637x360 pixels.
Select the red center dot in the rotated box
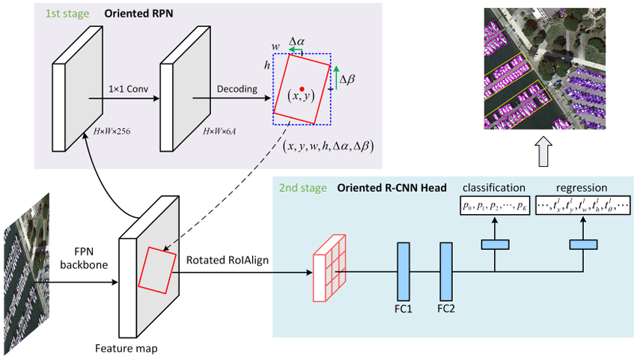302,88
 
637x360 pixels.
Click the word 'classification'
494,187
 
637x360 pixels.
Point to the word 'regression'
581,187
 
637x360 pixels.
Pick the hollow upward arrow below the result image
544,156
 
